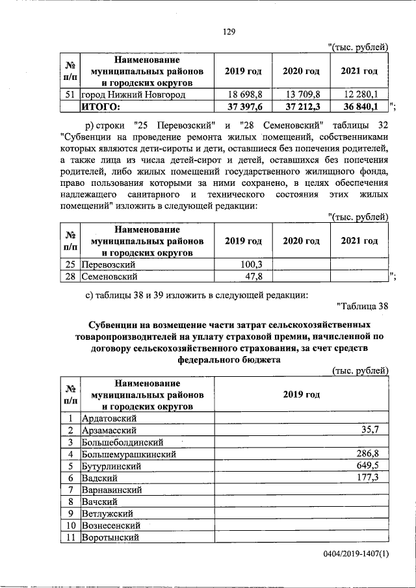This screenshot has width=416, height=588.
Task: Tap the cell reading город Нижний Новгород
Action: tap(133, 95)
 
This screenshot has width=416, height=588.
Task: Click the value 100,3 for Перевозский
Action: tap(251, 265)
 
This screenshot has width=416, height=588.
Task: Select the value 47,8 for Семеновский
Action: tap(253, 277)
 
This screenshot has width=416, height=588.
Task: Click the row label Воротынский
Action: tap(110, 537)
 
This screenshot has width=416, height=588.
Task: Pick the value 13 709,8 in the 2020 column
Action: tap(301, 95)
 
